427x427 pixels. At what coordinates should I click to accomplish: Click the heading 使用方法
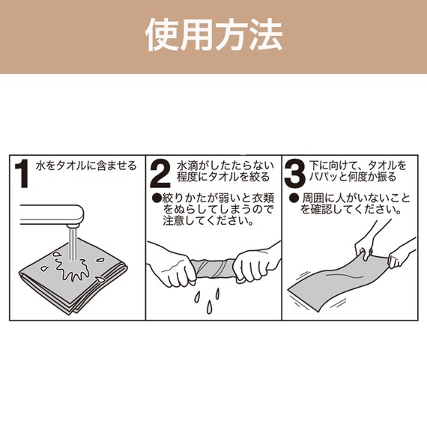pos(213,35)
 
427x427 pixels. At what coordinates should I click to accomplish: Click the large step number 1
pos(23,174)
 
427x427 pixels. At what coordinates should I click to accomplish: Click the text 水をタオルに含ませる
pos(86,165)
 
